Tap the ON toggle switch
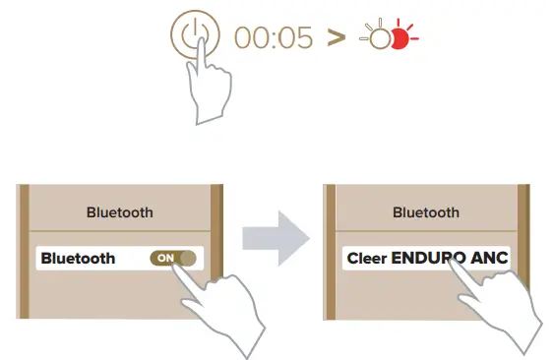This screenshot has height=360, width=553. click(x=173, y=258)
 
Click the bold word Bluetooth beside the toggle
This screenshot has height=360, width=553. click(x=79, y=259)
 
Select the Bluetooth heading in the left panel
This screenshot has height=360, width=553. click(x=119, y=211)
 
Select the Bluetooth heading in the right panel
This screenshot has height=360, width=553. click(x=425, y=211)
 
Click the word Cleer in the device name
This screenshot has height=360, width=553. click(x=367, y=259)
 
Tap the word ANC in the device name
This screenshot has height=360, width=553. click(x=489, y=259)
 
